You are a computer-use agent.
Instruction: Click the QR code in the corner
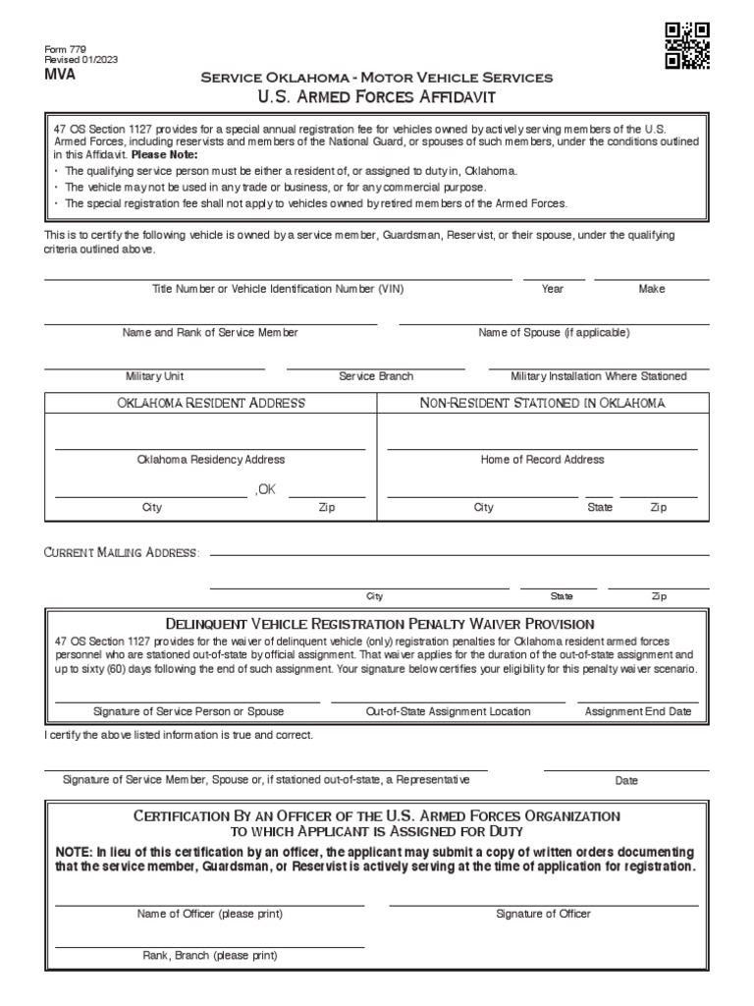tap(687, 45)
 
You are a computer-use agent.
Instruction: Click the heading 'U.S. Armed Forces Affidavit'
tap(377, 95)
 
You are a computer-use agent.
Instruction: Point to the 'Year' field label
tap(553, 289)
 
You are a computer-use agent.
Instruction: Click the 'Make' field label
tap(652, 289)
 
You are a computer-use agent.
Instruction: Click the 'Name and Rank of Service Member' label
tap(210, 333)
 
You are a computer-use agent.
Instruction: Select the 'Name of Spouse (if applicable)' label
tap(554, 333)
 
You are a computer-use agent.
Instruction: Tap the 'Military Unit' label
tap(154, 376)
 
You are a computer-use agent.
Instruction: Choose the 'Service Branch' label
tap(376, 376)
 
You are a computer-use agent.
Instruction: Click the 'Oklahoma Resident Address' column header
tap(211, 403)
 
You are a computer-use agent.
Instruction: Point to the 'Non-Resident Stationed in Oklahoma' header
tap(543, 403)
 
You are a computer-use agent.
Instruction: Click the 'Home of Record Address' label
tap(542, 459)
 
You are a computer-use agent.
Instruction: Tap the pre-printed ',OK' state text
tap(265, 490)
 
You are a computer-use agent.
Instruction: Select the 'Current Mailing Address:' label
tap(122, 553)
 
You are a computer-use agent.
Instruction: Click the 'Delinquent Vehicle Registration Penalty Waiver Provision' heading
tap(380, 624)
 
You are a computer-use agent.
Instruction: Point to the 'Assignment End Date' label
tap(638, 711)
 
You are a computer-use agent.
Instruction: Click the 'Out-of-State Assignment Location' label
tap(448, 711)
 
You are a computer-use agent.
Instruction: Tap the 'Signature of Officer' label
tap(543, 914)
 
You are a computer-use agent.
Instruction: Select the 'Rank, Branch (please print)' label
tap(210, 956)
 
